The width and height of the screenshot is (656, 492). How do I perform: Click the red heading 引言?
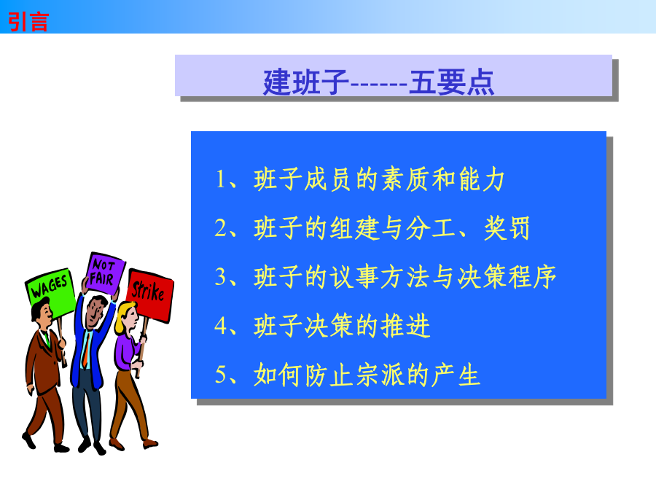click(28, 22)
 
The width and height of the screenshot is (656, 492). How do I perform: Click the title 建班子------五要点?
click(378, 82)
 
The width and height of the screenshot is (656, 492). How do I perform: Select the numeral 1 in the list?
click(220, 179)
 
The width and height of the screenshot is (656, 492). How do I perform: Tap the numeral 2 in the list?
click(220, 228)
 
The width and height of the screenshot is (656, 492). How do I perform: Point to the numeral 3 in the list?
click(220, 276)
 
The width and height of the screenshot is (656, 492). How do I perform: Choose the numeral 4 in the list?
click(220, 326)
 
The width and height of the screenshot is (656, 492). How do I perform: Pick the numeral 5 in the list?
click(220, 375)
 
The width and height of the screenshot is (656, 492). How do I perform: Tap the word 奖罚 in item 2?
click(507, 228)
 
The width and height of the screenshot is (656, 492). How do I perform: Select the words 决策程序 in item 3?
click(507, 276)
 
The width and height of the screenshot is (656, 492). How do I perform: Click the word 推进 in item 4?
click(405, 326)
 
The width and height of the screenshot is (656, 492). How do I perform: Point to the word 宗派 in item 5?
click(380, 375)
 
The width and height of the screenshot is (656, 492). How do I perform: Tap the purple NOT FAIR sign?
click(106, 273)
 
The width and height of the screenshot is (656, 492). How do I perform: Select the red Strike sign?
click(149, 295)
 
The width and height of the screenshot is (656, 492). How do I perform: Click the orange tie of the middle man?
click(86, 351)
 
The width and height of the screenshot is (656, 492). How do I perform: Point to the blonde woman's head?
click(125, 318)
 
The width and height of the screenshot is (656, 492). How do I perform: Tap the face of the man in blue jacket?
click(95, 312)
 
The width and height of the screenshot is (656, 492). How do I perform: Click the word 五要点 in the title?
click(452, 82)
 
